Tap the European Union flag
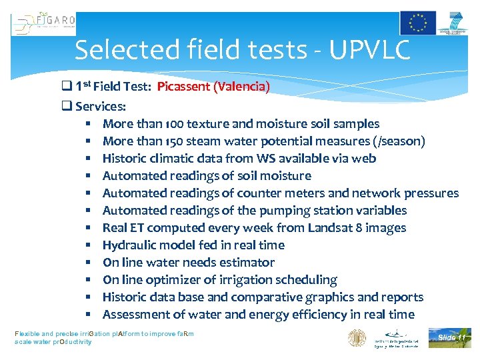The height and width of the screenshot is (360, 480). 418,23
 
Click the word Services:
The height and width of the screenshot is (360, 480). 101,106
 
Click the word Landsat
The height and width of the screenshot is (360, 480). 329,227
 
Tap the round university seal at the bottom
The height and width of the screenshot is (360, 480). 357,338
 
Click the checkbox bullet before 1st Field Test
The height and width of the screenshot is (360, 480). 66,87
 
